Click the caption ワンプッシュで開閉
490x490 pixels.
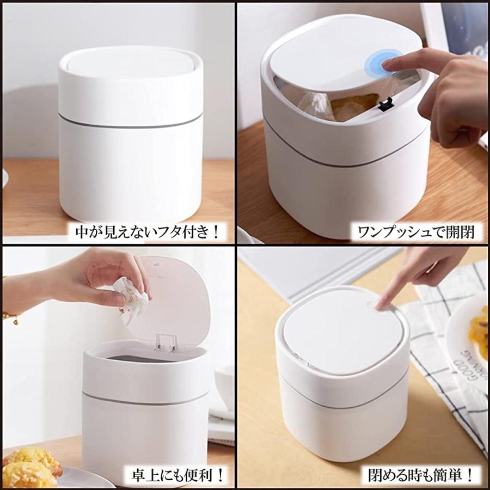point(415,232)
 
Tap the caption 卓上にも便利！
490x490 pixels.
point(175,474)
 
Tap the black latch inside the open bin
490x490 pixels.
point(386,102)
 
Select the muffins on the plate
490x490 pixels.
point(33,468)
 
